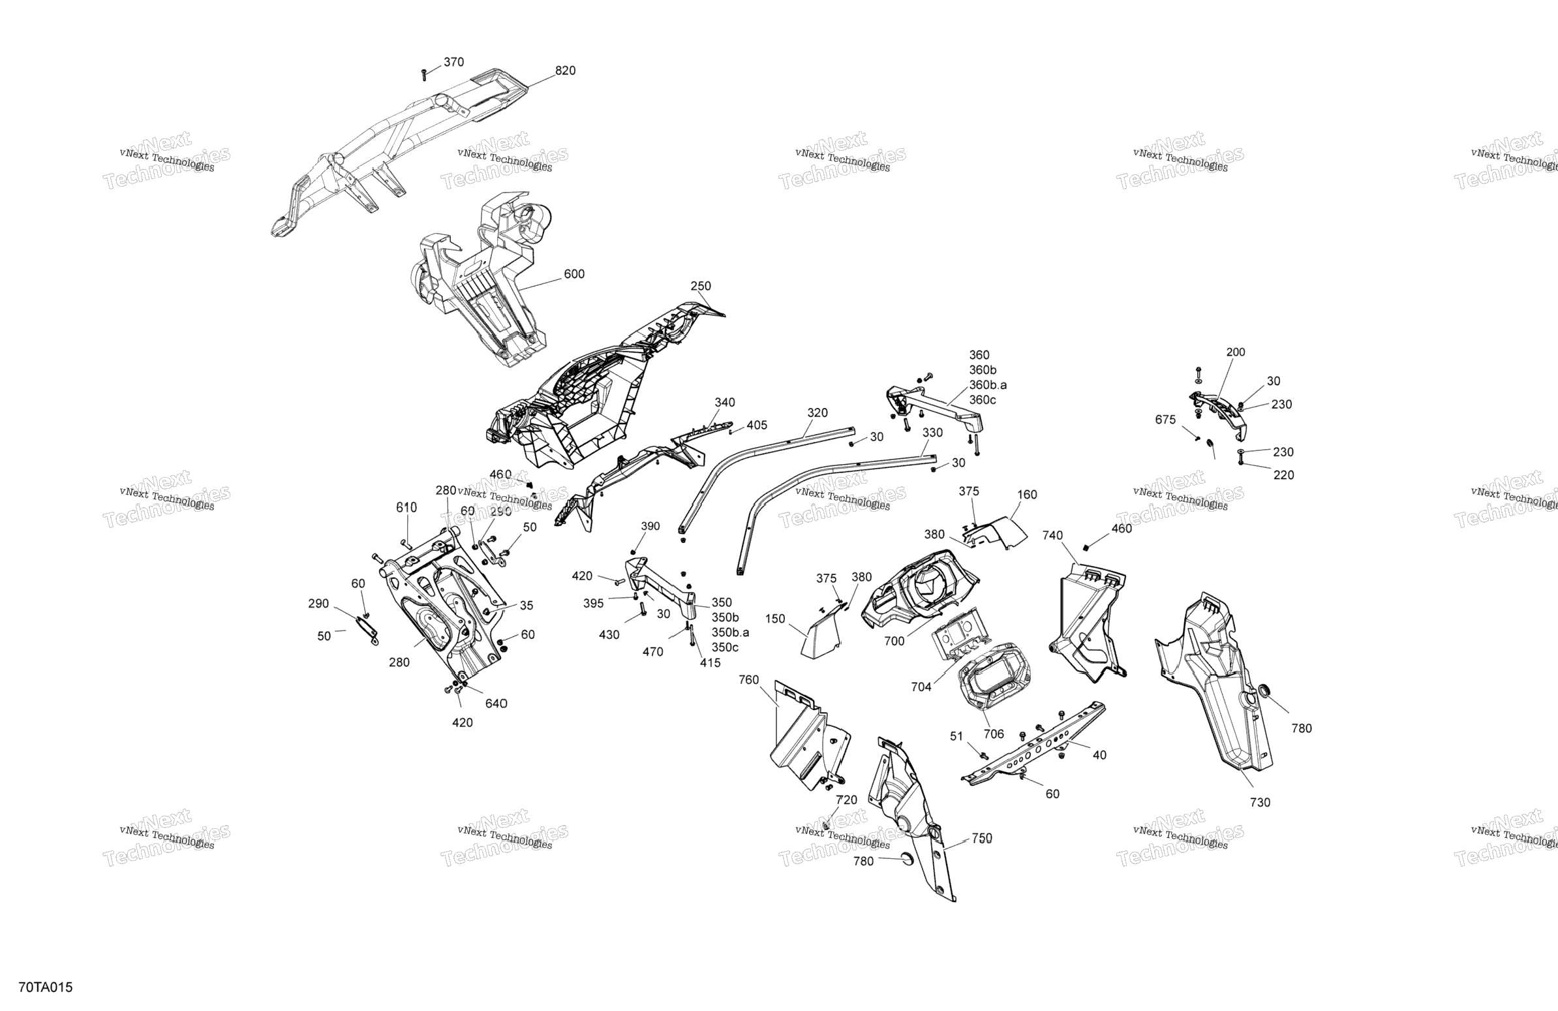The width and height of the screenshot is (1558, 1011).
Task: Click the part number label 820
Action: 565,70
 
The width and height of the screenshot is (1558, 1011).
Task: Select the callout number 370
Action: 453,62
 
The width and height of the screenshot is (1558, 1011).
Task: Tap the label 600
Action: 574,274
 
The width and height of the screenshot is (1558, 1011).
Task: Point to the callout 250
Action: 701,286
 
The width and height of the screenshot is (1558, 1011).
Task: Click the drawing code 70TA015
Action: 46,988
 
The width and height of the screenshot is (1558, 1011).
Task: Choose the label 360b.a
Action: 988,385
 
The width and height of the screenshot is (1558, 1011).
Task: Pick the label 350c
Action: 725,647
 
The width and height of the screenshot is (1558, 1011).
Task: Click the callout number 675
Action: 1165,420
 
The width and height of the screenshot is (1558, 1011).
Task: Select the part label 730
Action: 1259,803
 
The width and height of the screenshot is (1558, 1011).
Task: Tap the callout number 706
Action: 994,734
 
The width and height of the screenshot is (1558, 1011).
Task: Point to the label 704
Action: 921,687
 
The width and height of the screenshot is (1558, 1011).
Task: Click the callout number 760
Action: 749,679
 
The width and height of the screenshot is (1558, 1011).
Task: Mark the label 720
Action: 846,800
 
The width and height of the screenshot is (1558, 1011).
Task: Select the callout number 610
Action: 406,508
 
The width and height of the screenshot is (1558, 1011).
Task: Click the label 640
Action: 496,703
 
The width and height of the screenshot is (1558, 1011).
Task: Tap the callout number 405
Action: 757,426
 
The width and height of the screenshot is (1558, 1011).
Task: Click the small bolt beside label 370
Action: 424,74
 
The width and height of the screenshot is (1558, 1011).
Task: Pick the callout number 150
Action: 775,619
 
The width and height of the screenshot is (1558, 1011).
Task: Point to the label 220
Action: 1284,475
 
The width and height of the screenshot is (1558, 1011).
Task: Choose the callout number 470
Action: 652,651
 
